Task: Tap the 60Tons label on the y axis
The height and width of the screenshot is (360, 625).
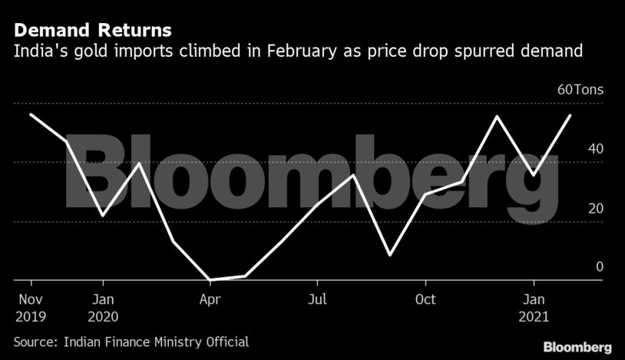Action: coord(580,90)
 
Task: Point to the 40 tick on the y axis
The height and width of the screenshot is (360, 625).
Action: coord(596,149)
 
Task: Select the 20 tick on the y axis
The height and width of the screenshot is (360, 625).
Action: coord(596,209)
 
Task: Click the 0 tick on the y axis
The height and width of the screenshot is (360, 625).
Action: coord(600,267)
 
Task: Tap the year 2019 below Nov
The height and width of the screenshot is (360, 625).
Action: coord(31,315)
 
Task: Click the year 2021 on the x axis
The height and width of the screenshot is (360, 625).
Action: coord(535,315)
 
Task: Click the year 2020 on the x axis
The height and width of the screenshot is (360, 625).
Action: coord(102,315)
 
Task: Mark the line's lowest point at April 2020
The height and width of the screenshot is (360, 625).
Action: coord(210,280)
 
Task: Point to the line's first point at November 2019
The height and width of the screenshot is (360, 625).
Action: coord(31,114)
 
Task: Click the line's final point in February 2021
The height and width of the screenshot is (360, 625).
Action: coord(570,115)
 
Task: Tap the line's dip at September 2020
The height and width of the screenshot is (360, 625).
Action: coord(390,255)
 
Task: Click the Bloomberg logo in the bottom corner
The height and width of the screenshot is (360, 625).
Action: coord(577,347)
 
